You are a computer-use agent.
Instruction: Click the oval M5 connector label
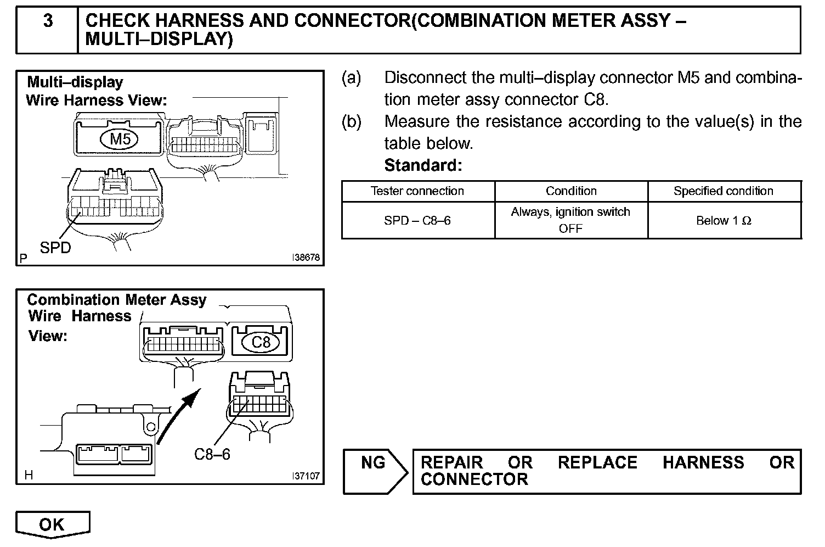coord(120,139)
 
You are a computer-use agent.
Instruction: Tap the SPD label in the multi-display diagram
coord(55,248)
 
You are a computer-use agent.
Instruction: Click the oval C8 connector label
coord(261,343)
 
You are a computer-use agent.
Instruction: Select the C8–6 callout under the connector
coord(212,454)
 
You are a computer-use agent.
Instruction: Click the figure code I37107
coord(306,476)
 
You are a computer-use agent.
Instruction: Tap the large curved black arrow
coord(178,415)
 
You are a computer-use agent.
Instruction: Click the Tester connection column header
coord(417,191)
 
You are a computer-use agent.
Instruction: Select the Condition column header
coord(571,191)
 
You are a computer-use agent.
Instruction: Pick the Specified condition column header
coord(724,191)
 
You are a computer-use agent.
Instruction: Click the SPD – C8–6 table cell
coord(417,221)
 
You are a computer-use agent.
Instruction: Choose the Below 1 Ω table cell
coord(724,221)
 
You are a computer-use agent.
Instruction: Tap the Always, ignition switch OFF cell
coord(570,220)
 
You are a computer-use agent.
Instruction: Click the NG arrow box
coord(375,471)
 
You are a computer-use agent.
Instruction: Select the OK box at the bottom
coord(52,524)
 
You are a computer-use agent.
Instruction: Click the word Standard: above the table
coord(423,165)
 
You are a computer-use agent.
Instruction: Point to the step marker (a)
coord(352,78)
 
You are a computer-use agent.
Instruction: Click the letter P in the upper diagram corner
coord(24,258)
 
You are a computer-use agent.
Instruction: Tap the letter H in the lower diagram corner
coord(29,476)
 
